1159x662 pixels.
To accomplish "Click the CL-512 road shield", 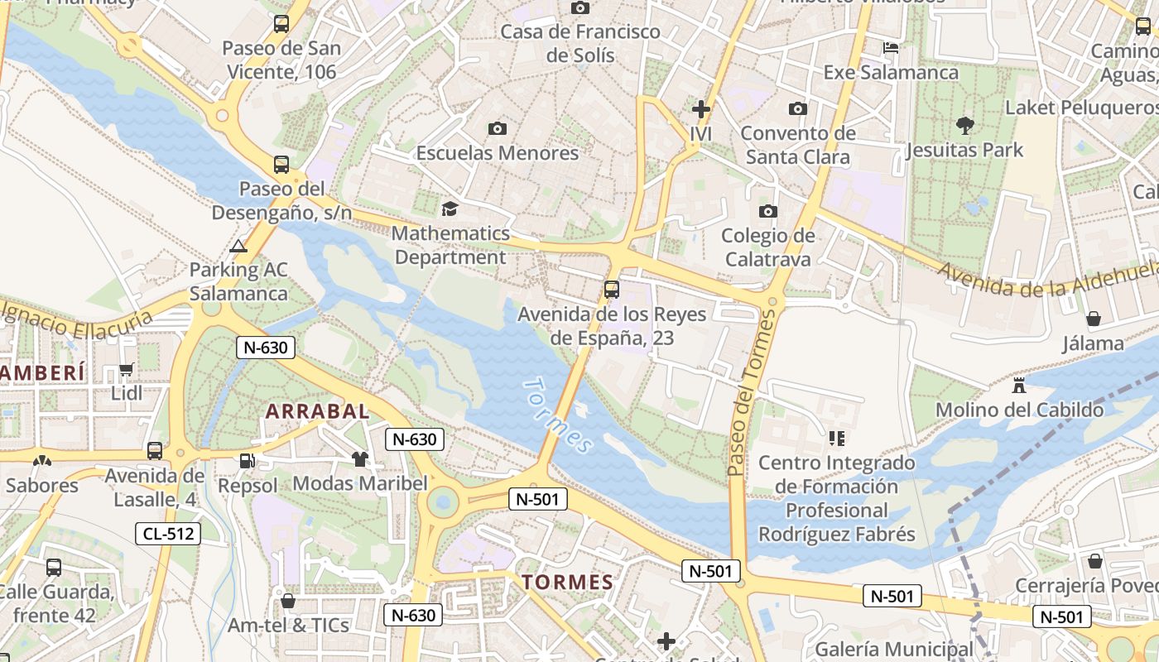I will [x=168, y=534].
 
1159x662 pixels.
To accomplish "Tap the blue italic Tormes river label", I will [x=558, y=416].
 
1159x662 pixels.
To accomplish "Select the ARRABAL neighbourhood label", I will [x=317, y=411].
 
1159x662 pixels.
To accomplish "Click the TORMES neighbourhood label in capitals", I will [x=568, y=582].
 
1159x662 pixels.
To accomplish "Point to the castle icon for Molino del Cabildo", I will [x=1019, y=386].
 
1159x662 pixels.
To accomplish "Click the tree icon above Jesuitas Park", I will [x=964, y=126].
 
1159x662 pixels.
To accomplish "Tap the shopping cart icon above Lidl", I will [x=127, y=370].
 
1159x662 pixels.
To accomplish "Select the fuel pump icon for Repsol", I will [x=247, y=461].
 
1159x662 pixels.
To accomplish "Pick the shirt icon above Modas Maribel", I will [x=359, y=459].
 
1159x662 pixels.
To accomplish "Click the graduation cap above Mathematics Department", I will [x=450, y=209].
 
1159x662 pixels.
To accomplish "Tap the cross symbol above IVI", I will [x=701, y=108].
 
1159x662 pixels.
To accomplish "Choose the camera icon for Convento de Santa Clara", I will [x=797, y=108].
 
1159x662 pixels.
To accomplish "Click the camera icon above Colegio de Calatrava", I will [x=768, y=211].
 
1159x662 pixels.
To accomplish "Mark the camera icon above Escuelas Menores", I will [x=497, y=128].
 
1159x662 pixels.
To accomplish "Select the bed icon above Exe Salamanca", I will [x=891, y=47].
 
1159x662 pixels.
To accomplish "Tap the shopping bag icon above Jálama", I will [x=1094, y=319].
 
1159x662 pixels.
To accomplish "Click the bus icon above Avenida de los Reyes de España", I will [x=612, y=290].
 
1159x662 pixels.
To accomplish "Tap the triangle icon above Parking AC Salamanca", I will [x=238, y=246].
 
